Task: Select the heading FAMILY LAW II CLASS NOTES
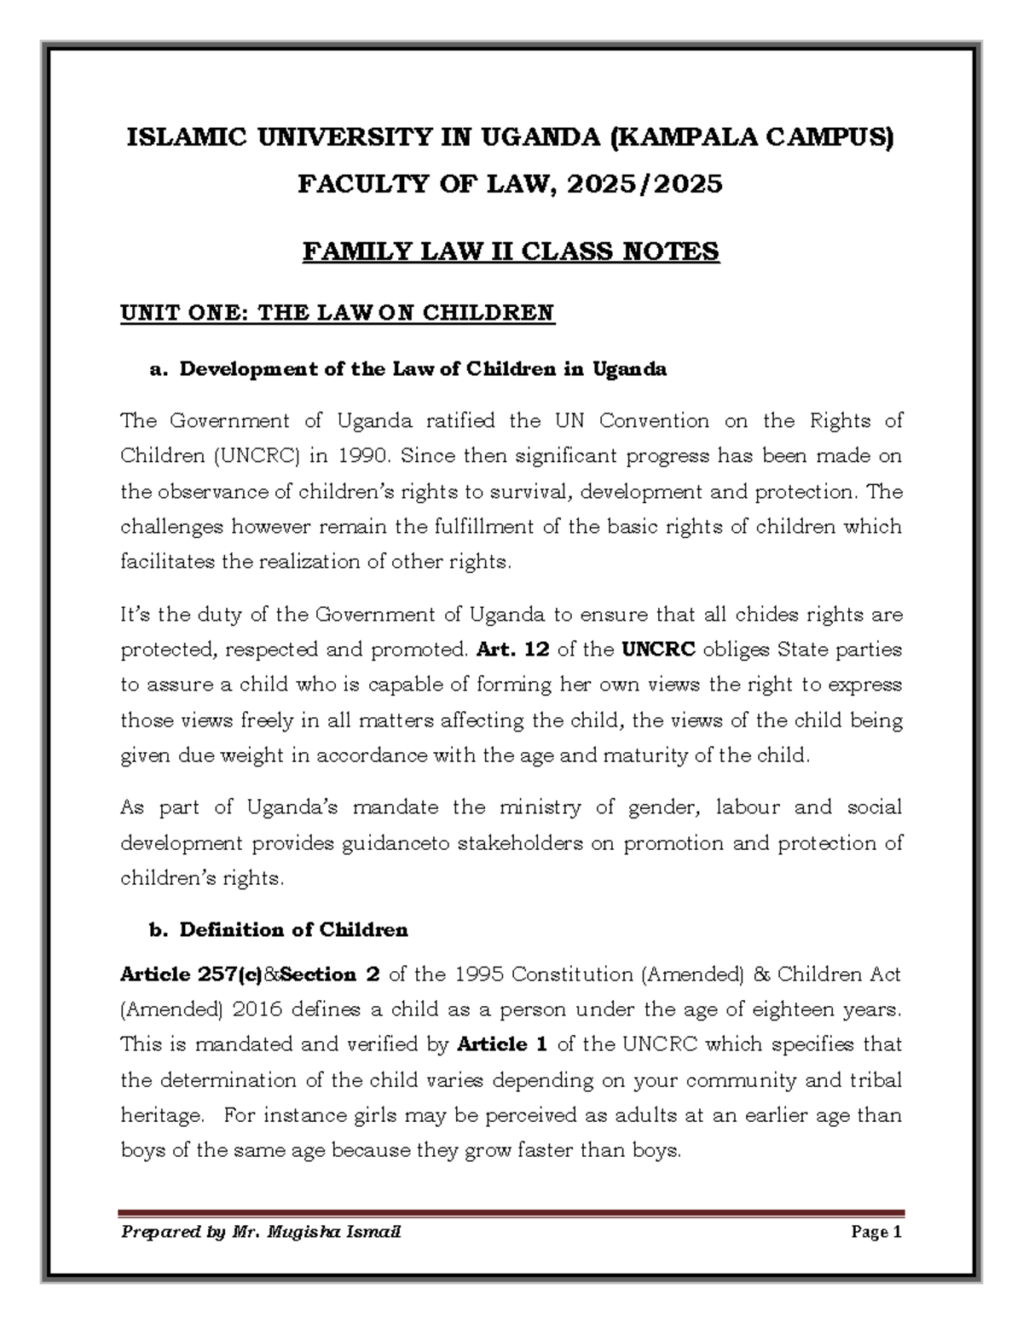pos(511,252)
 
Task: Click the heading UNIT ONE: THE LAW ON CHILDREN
pos(337,313)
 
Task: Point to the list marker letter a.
pos(155,370)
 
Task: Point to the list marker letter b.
pos(155,930)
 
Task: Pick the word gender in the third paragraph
pos(672,807)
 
